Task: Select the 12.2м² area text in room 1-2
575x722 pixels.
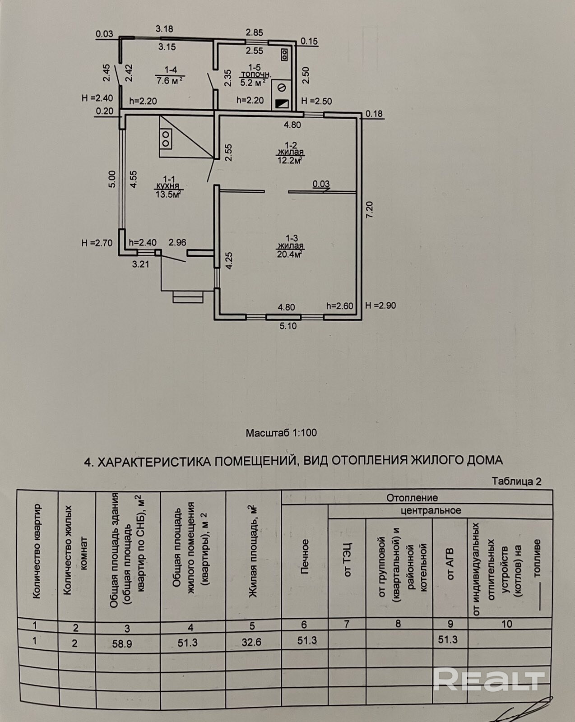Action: point(289,160)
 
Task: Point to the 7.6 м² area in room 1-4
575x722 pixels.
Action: point(170,80)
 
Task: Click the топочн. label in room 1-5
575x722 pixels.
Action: point(256,74)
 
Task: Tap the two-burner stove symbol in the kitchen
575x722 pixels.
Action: point(166,139)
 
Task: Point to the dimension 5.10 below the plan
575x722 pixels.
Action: point(288,326)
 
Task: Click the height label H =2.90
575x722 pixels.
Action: point(380,305)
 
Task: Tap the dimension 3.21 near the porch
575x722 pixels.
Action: point(140,264)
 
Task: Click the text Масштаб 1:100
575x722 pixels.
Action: point(281,433)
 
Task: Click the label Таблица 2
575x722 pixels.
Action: point(517,481)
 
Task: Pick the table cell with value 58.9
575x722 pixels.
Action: point(122,643)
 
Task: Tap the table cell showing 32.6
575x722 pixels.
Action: point(251,642)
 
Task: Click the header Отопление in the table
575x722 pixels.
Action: point(412,497)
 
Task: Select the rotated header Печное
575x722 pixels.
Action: point(305,556)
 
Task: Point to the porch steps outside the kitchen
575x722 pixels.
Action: point(188,297)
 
